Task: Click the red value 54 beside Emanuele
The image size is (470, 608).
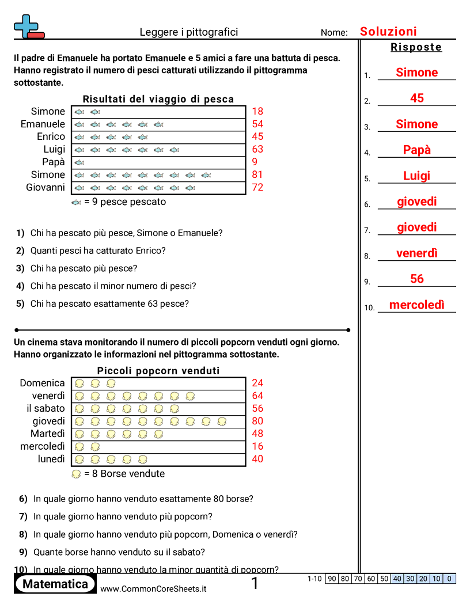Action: pos(257,124)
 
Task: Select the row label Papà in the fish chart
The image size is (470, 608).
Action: pos(54,162)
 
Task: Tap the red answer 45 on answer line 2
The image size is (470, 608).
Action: pos(417,98)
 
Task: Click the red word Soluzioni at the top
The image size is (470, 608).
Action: pos(388,32)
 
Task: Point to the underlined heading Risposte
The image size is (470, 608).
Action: pos(416,47)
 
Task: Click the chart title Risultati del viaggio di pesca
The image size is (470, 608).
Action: pos(158,99)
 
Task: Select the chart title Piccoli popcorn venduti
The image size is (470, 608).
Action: pos(158,371)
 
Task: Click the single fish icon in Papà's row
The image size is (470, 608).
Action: pos(79,162)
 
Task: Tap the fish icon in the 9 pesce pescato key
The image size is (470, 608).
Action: pos(76,203)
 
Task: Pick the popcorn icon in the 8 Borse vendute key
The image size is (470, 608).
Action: pos(76,474)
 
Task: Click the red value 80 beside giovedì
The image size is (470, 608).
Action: pos(257,421)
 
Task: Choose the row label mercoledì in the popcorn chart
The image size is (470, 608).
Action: pos(43,446)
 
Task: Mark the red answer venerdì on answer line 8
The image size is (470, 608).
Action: pos(417,253)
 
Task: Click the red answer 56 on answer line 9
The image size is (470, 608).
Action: pos(417,279)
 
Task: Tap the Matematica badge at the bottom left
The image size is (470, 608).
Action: pos(55,584)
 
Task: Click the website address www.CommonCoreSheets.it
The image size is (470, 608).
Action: pos(153,588)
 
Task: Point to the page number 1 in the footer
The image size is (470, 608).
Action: pos(255,584)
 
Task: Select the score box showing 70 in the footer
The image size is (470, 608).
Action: pos(358,579)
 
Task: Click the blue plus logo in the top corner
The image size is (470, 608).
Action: pos(27,27)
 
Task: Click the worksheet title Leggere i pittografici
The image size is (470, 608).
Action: pos(189,32)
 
